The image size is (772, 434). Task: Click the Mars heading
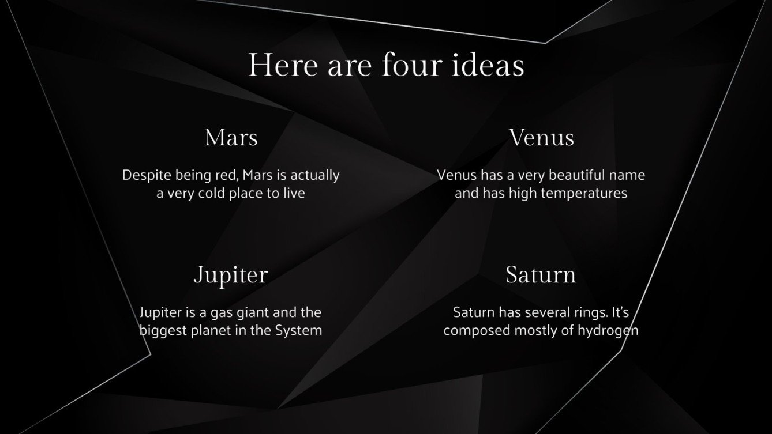[x=231, y=138]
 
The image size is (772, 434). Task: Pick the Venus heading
[x=541, y=138]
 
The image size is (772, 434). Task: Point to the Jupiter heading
[x=231, y=275]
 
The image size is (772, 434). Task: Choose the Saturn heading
[x=541, y=275]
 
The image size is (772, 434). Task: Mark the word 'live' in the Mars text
[x=293, y=193]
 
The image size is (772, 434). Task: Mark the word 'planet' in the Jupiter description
[x=210, y=331]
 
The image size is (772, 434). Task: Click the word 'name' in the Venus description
[x=628, y=175]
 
